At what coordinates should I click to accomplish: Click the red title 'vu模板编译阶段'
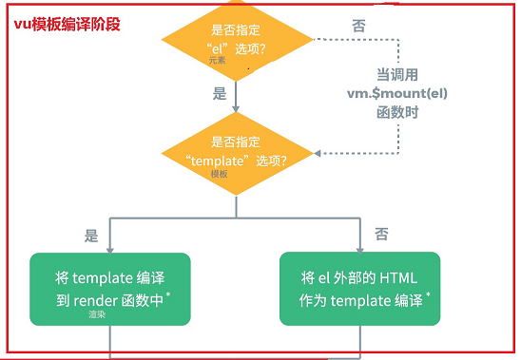coord(67,25)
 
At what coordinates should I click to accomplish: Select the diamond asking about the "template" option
coord(238,154)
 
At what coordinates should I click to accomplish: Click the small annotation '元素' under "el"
coord(218,60)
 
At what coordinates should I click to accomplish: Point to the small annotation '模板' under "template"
coord(220,174)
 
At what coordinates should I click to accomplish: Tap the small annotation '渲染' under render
coord(97,313)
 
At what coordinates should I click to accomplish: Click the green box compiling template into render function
coord(110,289)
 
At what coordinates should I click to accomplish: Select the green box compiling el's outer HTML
coord(360,289)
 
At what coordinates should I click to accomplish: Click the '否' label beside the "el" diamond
coord(358,26)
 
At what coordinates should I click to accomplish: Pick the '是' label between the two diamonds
coord(220,94)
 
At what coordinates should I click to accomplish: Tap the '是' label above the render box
coord(91,236)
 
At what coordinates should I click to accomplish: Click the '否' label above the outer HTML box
coord(381,234)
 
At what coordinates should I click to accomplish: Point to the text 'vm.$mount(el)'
coord(397,93)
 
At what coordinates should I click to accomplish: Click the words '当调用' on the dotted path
coord(397,75)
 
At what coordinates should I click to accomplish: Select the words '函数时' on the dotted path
coord(397,112)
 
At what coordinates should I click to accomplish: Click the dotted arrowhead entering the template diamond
coord(317,154)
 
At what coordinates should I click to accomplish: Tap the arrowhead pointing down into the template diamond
coord(236,108)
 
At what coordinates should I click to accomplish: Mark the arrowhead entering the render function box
coord(110,251)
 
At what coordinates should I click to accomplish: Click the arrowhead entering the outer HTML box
coord(359,250)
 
